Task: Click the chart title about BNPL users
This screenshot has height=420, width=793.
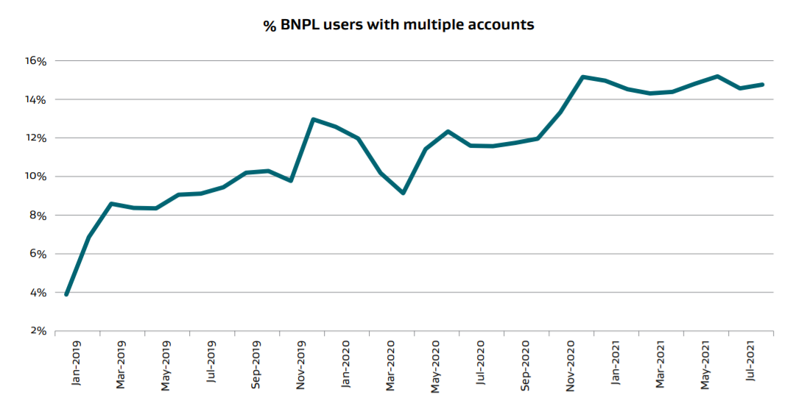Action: tap(398, 25)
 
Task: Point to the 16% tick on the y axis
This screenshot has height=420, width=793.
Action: tap(35, 61)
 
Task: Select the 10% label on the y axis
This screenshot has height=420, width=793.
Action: tap(35, 177)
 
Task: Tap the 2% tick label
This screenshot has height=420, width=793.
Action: tap(38, 331)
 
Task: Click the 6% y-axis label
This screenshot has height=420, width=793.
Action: tap(38, 254)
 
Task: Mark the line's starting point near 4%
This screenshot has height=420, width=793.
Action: tap(66, 294)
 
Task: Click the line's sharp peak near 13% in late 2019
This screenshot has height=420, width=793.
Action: tap(314, 119)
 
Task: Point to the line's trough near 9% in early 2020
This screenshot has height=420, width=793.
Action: tap(403, 193)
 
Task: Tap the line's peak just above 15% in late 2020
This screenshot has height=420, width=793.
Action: tap(582, 76)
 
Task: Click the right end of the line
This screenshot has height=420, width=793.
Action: tap(763, 85)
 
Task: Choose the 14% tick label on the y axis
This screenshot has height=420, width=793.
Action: tap(35, 99)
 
